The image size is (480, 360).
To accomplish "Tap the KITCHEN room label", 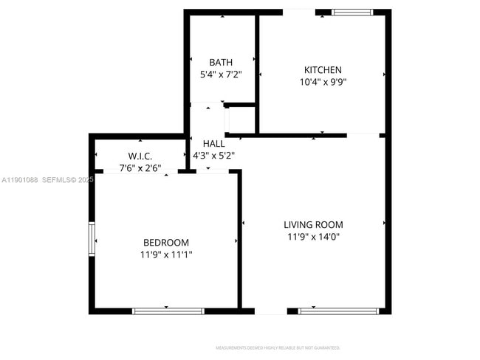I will point(323,70).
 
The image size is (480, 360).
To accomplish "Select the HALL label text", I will point(214,143).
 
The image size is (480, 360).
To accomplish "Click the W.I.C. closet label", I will point(140,156).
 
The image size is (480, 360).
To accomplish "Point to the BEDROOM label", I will point(165,243).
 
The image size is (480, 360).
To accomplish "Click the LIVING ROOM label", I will point(313,224).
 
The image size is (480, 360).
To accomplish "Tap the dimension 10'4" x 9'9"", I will point(323,83).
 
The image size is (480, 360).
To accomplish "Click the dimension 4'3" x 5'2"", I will point(214,156).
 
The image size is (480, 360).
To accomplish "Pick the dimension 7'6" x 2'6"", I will point(140,168).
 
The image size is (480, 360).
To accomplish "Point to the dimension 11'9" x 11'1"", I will point(165,255).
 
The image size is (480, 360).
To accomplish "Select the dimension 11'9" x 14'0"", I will point(313,237).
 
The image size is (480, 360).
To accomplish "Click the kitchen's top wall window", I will point(353,12).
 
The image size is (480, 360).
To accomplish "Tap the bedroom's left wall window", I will point(92,238).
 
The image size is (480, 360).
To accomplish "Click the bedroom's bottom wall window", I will point(168,311).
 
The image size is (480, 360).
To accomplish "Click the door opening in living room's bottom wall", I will point(271,311).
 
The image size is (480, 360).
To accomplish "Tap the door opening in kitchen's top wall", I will point(299,12).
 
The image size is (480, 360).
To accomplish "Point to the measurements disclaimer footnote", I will point(278,347).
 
